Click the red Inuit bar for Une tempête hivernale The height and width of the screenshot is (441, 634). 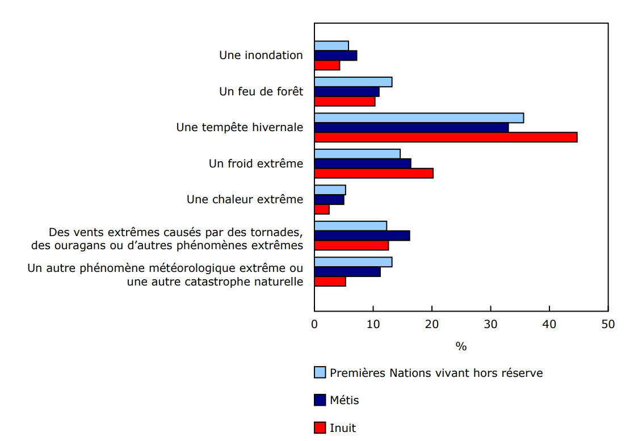pos(446,137)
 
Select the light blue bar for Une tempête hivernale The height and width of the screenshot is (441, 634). pos(419,118)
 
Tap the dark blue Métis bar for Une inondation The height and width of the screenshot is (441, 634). pos(335,56)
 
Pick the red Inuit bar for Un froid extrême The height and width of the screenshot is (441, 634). pos(373,173)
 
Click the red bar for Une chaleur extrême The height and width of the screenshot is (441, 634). pos(322,209)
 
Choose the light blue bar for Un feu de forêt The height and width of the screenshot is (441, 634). pos(353,82)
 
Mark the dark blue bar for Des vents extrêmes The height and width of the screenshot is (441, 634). pos(362,236)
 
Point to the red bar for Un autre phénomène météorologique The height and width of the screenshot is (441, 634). pos(330,282)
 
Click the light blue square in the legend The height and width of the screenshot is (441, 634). pos(320,372)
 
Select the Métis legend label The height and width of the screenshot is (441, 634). pos(345,400)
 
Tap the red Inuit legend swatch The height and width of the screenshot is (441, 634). pos(320,427)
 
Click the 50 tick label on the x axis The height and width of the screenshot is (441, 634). pos(608,324)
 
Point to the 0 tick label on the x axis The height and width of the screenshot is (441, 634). pos(314,324)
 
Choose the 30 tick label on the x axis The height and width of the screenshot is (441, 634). pos(490,324)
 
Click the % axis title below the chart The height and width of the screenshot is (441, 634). pos(461,346)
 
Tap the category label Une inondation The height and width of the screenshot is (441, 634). pos(261,56)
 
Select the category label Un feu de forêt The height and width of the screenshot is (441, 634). pos(261,91)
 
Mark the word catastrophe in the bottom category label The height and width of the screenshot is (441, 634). pos(216,282)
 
